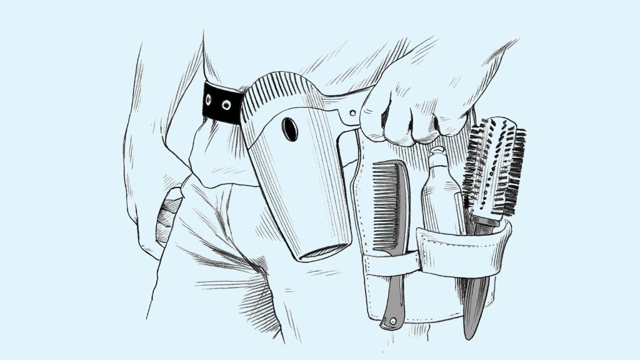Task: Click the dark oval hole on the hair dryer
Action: tap(289, 129)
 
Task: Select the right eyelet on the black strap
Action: tap(226, 105)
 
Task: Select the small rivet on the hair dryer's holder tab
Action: tap(353, 113)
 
